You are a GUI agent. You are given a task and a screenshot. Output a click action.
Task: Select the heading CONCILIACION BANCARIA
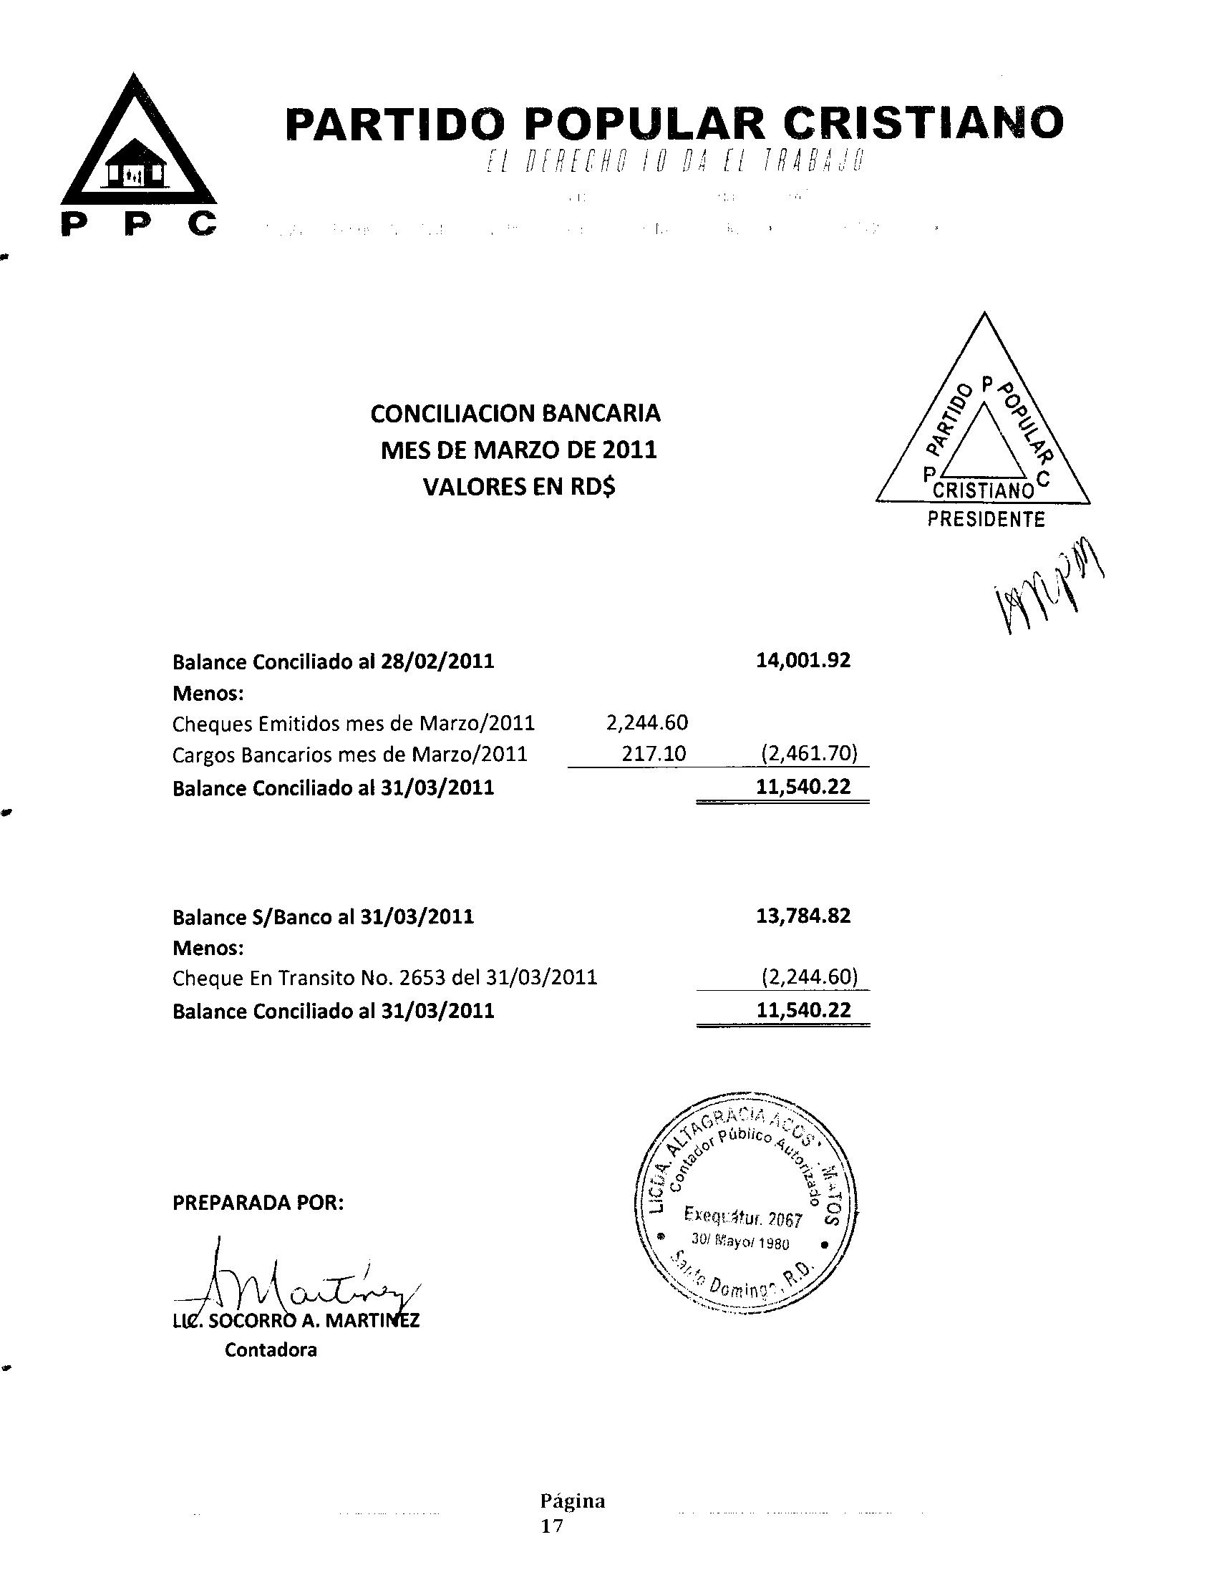(515, 414)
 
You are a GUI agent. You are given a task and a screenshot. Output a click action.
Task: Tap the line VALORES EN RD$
(519, 488)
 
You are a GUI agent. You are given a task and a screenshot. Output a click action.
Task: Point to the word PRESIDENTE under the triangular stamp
(986, 519)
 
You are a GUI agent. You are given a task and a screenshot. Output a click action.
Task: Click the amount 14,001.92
(803, 661)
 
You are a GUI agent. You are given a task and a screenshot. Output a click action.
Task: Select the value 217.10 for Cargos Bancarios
(654, 755)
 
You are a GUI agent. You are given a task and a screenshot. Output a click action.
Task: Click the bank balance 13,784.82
(803, 916)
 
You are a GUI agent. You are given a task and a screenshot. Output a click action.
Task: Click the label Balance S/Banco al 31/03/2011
(323, 917)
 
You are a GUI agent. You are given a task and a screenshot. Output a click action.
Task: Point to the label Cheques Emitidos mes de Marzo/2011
(353, 722)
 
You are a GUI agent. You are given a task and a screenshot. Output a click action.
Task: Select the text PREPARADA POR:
(258, 1203)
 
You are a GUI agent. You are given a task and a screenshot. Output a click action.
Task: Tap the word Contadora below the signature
(271, 1350)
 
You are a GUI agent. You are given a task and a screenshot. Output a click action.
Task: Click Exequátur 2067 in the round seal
(742, 1218)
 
